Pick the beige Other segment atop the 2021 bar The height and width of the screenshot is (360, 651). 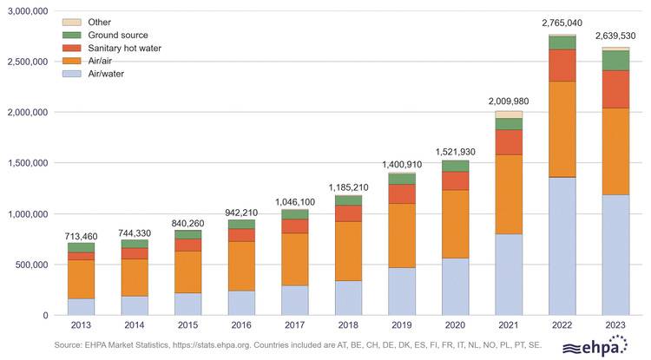[509, 115]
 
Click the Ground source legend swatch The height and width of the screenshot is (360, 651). [72, 35]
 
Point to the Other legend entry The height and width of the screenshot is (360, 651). [99, 22]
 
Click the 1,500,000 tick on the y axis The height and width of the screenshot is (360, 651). [29, 163]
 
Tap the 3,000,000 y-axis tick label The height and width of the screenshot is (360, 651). [29, 11]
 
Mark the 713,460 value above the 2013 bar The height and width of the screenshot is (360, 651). [81, 236]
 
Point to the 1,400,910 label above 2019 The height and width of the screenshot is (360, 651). [402, 164]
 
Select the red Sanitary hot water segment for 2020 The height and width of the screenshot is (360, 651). [456, 180]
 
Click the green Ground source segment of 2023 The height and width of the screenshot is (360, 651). [616, 60]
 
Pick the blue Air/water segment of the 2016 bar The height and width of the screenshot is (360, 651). [241, 303]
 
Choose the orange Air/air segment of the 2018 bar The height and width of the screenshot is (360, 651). [348, 251]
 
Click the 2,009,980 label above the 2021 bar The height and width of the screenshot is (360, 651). [509, 101]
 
